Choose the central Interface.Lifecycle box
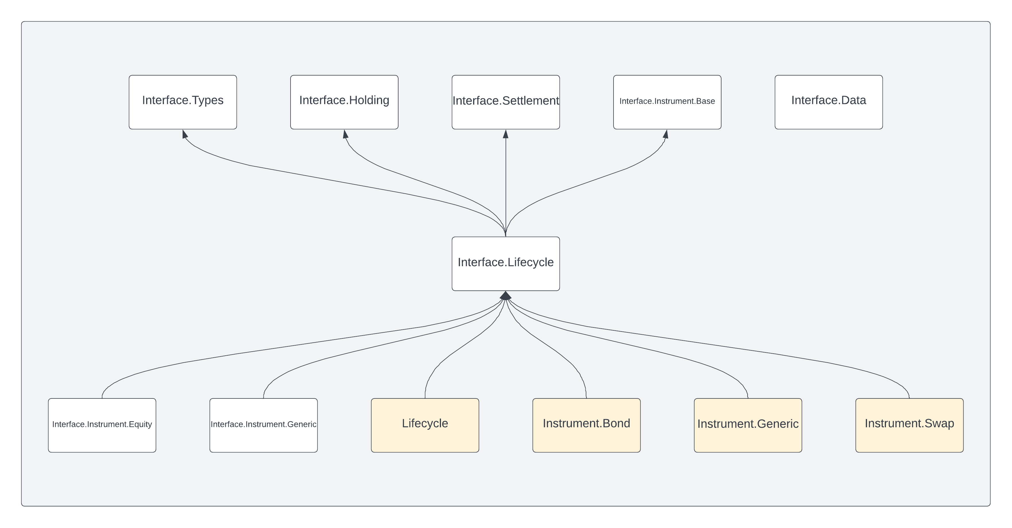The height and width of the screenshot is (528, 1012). [506, 263]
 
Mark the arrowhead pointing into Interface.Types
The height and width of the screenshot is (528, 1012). [185, 134]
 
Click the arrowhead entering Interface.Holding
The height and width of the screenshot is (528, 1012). [345, 134]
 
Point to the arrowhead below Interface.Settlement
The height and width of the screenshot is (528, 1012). [506, 134]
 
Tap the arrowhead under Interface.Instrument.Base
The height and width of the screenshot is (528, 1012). [666, 134]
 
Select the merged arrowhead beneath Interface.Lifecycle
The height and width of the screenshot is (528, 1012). [506, 296]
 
